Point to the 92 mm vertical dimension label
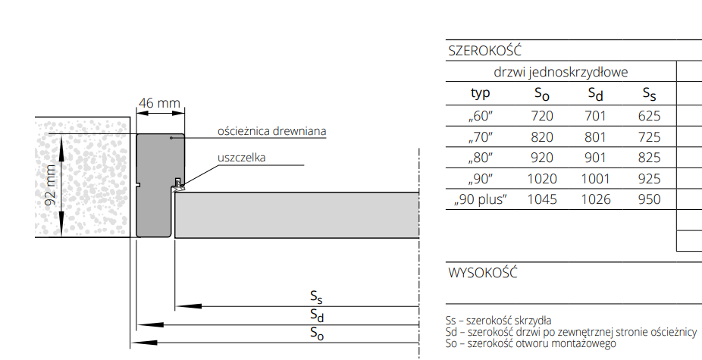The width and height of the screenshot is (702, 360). [x=51, y=186]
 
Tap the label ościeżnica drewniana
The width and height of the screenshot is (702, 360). [x=271, y=131]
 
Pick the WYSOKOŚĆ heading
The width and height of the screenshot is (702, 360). [x=483, y=273]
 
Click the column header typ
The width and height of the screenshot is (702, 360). [x=481, y=93]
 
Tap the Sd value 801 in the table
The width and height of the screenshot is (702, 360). [x=596, y=137]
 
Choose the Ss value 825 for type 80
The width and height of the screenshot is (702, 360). [x=649, y=158]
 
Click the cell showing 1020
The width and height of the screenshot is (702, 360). [x=542, y=179]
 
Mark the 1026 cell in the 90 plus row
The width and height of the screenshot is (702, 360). [x=596, y=199]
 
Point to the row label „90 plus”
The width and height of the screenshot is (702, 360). [x=481, y=199]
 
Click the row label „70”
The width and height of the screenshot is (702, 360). [x=481, y=137]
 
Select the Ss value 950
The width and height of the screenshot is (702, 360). [x=649, y=199]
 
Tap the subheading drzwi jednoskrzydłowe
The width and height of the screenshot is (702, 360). [x=561, y=73]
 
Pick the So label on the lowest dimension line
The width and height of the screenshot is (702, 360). [x=318, y=333]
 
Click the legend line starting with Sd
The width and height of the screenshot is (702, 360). [x=572, y=332]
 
